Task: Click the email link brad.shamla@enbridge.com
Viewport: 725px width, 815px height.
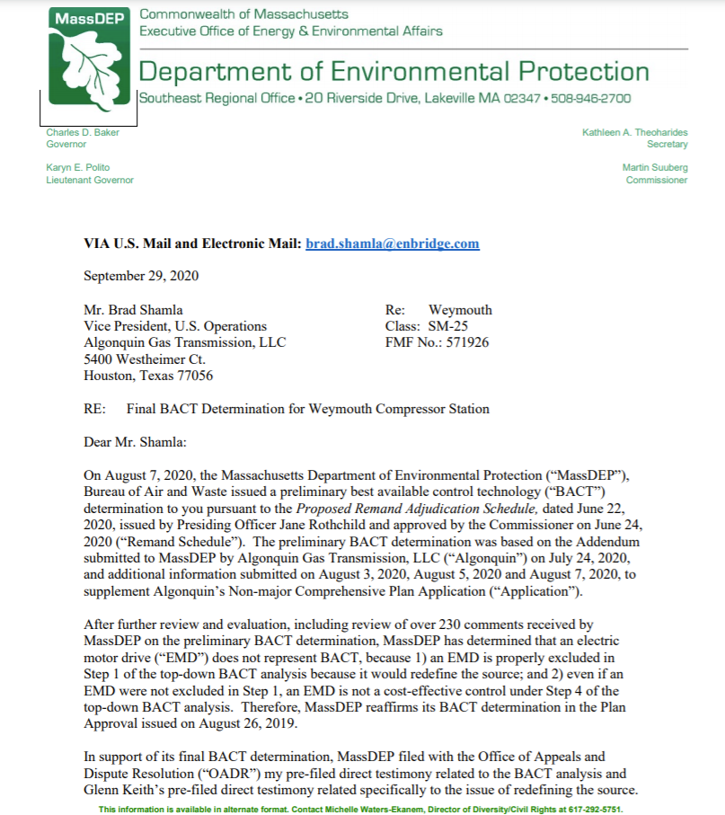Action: point(393,244)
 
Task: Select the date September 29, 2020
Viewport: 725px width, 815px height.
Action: point(141,276)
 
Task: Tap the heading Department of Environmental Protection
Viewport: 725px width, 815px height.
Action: point(393,72)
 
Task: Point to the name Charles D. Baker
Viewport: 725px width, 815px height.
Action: point(83,133)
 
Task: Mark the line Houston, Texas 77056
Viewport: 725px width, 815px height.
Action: point(148,376)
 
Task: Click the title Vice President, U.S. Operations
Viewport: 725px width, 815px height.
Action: point(174,326)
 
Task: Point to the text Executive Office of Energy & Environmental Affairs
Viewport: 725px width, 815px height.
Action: point(290,31)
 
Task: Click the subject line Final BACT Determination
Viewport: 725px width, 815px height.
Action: point(308,409)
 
